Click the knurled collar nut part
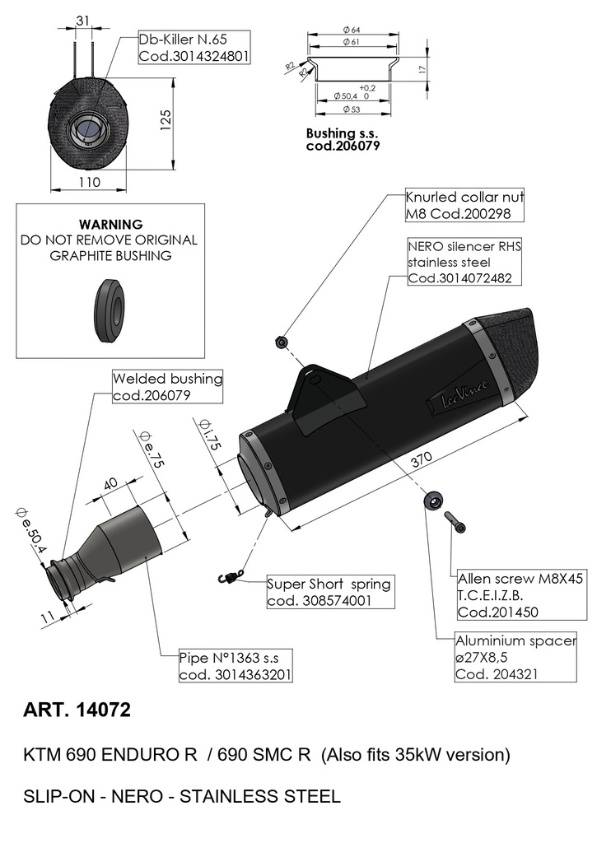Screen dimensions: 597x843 coord(281,342)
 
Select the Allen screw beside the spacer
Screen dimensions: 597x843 coord(455,521)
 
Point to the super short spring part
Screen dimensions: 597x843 coord(231,575)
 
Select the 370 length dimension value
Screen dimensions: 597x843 coord(422,459)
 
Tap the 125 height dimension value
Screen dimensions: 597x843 coord(165,121)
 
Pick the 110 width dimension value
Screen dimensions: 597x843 coord(89,182)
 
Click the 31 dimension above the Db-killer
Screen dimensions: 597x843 coord(83,21)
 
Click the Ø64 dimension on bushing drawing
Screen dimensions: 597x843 coord(352,30)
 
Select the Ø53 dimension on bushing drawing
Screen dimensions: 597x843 coord(352,109)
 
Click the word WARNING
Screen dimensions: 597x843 coord(111,224)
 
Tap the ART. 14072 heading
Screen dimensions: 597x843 coord(77,710)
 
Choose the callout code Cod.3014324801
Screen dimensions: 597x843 coord(194,56)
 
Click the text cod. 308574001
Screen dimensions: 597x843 coord(319,600)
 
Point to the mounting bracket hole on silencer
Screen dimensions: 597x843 coord(315,380)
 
